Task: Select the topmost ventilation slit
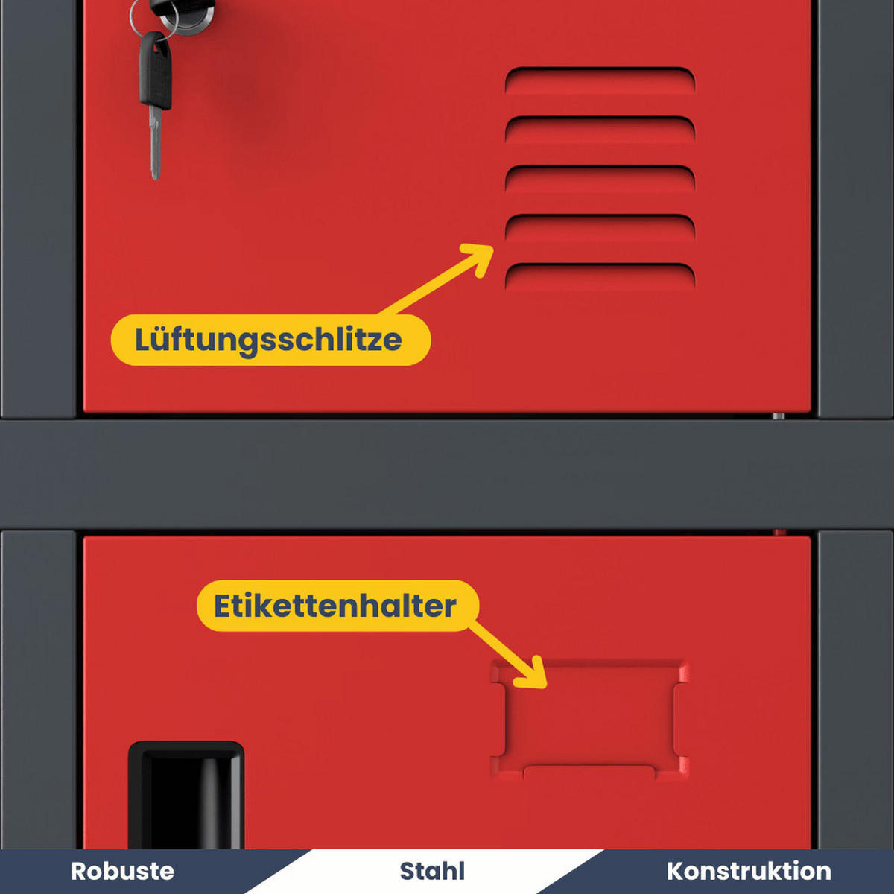click(600, 80)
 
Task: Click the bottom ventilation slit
click(600, 276)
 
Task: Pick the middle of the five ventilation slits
click(600, 179)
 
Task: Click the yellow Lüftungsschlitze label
click(270, 340)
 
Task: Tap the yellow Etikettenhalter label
click(337, 606)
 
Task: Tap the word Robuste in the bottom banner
click(122, 871)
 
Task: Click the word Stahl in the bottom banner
click(432, 871)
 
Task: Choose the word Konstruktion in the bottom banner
click(748, 871)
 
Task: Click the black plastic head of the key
click(155, 71)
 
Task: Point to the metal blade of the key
click(155, 145)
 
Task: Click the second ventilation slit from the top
click(600, 130)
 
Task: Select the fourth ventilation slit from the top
click(600, 227)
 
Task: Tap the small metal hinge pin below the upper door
click(778, 416)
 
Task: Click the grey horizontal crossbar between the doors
click(447, 474)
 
